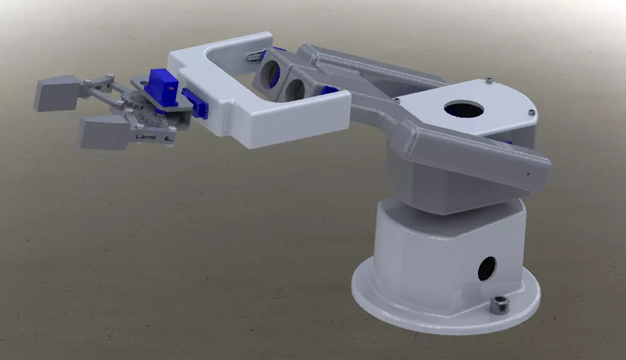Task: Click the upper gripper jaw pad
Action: point(55,93)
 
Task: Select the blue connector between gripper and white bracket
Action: point(195,103)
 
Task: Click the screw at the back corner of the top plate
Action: point(489,81)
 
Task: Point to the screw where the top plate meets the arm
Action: point(396,100)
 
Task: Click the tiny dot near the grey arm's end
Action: point(528,174)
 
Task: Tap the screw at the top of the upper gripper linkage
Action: point(110,75)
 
